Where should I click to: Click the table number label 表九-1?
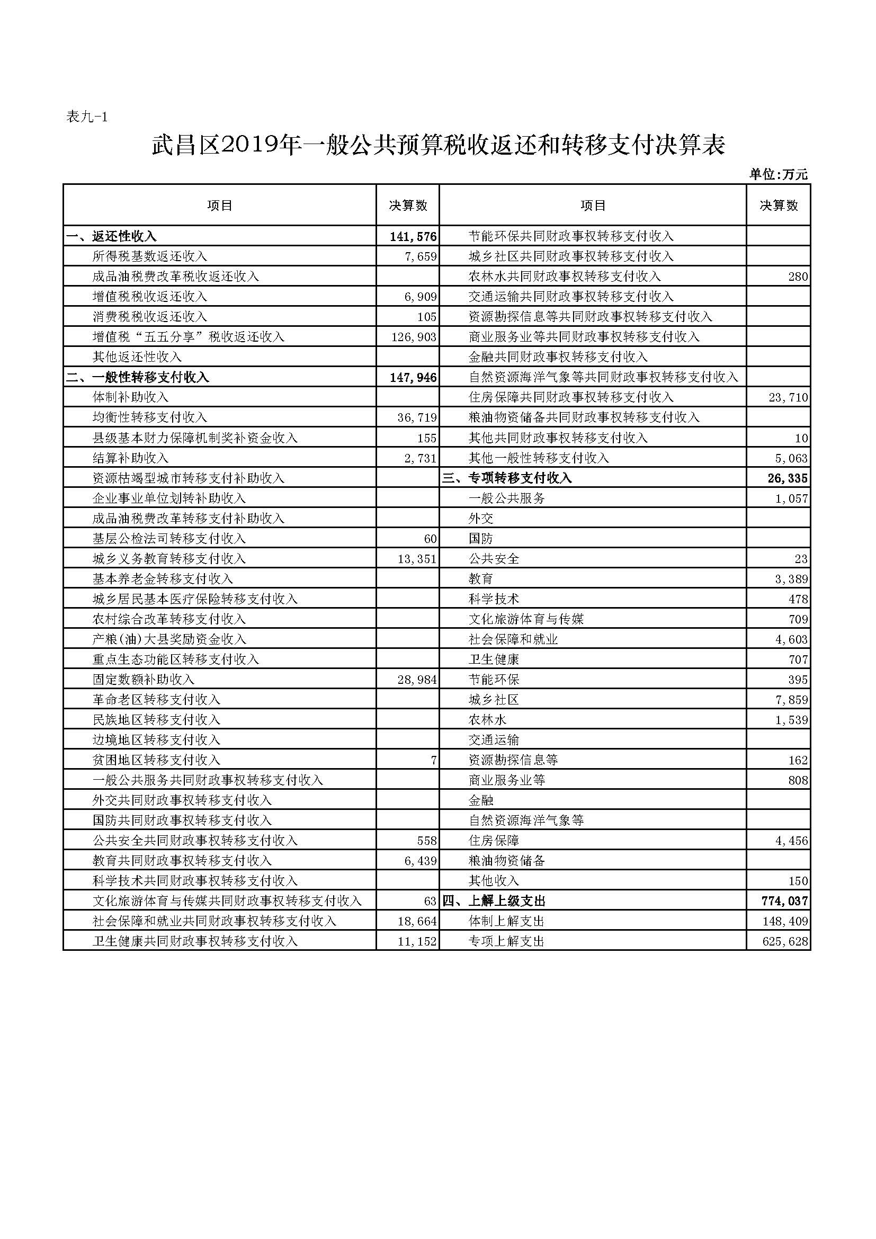tap(87, 117)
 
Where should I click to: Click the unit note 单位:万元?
tap(778, 174)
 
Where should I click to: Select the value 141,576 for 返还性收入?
tap(413, 236)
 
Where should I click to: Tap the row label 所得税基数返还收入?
tap(149, 256)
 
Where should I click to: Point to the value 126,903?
tap(413, 337)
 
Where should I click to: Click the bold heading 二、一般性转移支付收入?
tap(138, 377)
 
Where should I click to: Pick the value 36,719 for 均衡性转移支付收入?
tap(416, 417)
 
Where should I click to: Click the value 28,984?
tap(416, 680)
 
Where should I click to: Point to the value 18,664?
tap(416, 922)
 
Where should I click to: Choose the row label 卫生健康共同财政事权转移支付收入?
tap(195, 942)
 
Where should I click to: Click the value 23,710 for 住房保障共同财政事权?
tap(788, 398)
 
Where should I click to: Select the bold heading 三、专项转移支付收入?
tap(507, 478)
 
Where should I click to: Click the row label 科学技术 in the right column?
tap(494, 599)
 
